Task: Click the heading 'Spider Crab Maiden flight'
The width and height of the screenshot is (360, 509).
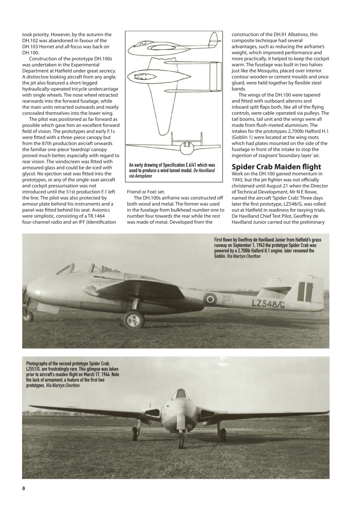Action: (x=276, y=166)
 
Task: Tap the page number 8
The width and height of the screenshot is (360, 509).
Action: (x=23, y=488)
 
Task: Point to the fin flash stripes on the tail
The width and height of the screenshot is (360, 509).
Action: (x=305, y=291)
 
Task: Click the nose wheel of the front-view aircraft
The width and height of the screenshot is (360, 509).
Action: (x=181, y=441)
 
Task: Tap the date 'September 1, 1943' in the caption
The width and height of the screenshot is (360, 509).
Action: (x=245, y=245)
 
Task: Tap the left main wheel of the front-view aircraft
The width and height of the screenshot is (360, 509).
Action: (x=136, y=431)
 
